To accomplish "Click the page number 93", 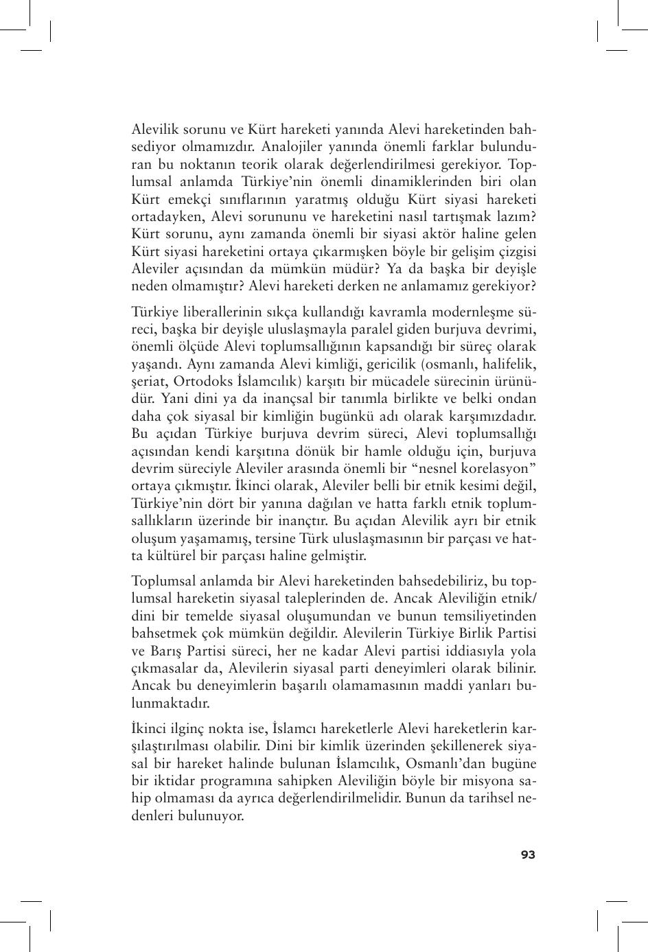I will click(528, 855).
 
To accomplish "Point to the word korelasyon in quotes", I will click(492, 469).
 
